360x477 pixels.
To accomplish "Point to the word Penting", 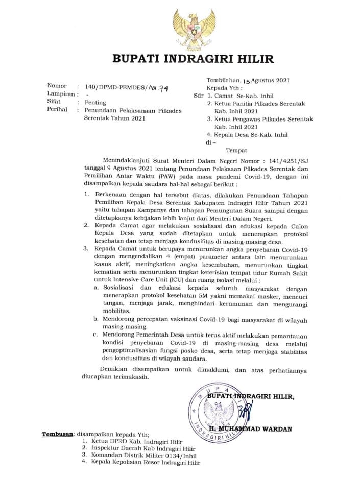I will (95, 102).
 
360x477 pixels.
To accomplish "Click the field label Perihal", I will (58, 110).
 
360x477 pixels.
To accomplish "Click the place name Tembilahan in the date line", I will (222, 80).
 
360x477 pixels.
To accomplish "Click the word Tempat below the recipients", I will (236, 150).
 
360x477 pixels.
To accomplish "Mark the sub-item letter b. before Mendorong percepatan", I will (95, 319).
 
